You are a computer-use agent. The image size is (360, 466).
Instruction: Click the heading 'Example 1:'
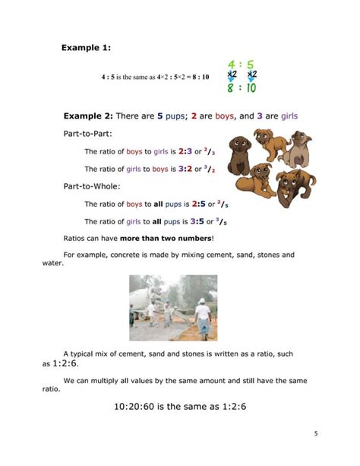[86, 49]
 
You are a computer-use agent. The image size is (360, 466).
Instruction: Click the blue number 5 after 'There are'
[160, 116]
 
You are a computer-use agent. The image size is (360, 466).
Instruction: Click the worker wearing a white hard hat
[203, 312]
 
